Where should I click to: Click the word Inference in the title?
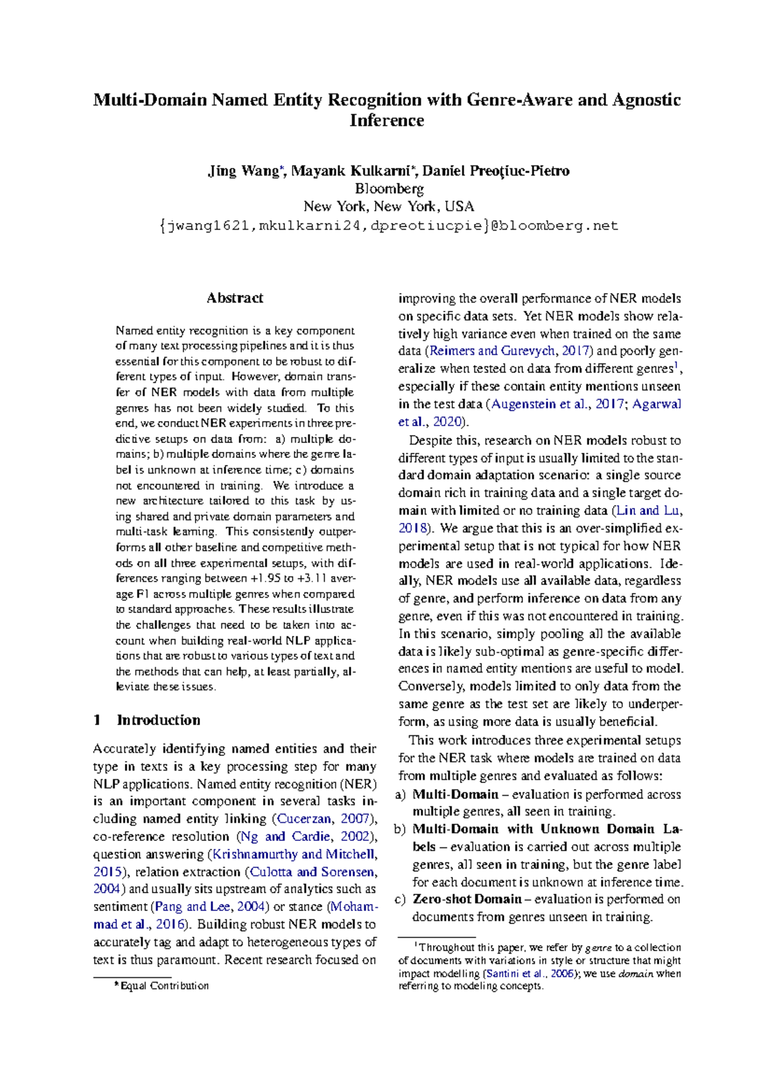[387, 120]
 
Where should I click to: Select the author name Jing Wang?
[242, 171]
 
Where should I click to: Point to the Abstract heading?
[234, 298]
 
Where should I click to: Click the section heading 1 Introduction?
[147, 720]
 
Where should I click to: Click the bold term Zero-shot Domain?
[467, 899]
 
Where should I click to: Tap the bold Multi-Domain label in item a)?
[455, 795]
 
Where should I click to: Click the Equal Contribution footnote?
[163, 986]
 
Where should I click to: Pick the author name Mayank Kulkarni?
[352, 171]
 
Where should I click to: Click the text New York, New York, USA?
[389, 207]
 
